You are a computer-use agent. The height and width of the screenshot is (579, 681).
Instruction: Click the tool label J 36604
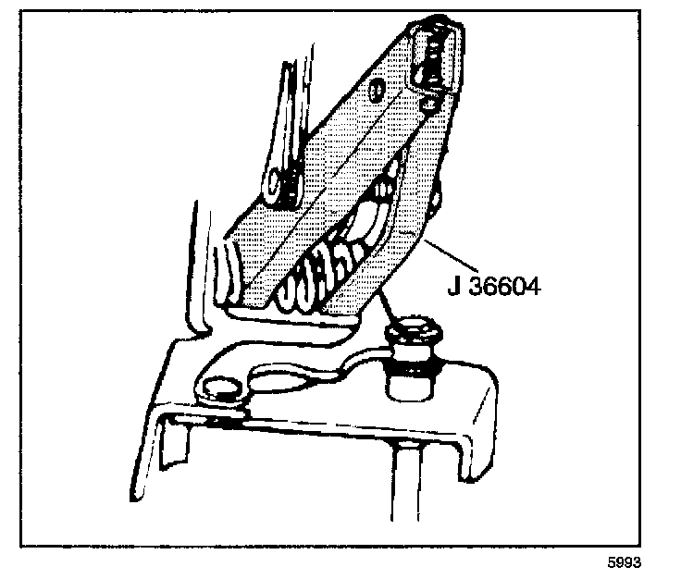pyautogui.click(x=493, y=286)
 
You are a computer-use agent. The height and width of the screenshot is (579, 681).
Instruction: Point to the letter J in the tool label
pyautogui.click(x=453, y=286)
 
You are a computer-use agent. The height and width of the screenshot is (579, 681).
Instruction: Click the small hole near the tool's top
pyautogui.click(x=375, y=90)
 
